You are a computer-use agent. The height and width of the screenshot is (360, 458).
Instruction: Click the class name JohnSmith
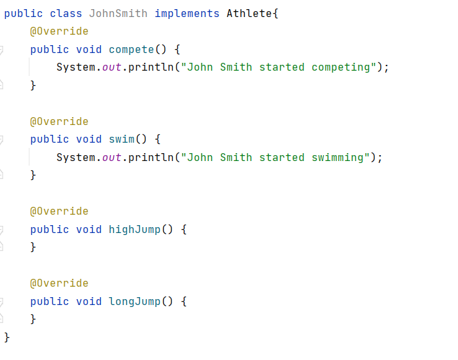click(x=118, y=14)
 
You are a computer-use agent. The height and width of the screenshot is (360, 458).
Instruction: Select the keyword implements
click(x=186, y=14)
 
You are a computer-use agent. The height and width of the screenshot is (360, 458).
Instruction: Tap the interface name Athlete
click(x=249, y=14)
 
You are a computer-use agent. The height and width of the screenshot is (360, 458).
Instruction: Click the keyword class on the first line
click(x=65, y=14)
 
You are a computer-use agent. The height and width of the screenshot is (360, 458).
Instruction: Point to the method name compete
click(x=132, y=50)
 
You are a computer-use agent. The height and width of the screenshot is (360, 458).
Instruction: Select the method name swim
click(x=122, y=139)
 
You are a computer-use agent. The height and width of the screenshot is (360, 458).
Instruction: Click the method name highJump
click(x=135, y=230)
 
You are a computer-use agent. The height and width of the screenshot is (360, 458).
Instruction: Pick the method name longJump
click(x=135, y=302)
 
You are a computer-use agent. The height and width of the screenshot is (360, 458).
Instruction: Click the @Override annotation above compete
click(x=60, y=31)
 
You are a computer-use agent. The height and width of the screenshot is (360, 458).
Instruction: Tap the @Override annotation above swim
click(x=60, y=122)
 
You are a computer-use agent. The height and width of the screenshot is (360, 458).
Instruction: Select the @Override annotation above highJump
click(x=60, y=211)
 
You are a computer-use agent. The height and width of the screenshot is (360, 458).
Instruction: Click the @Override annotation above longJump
click(x=60, y=283)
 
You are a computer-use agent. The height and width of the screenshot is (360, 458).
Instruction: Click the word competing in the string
click(x=341, y=67)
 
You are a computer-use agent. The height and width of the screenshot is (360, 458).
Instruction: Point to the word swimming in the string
click(x=338, y=158)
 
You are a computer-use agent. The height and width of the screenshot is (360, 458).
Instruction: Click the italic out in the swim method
click(x=112, y=158)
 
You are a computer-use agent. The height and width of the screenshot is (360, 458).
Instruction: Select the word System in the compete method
click(x=76, y=67)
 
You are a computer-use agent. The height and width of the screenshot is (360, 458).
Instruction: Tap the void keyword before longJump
click(x=89, y=302)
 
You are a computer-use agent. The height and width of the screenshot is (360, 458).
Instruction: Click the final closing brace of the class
click(x=7, y=338)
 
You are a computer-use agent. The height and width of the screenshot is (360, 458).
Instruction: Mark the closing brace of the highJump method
click(x=33, y=247)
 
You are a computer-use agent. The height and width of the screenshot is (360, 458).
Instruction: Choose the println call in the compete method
click(x=150, y=67)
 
